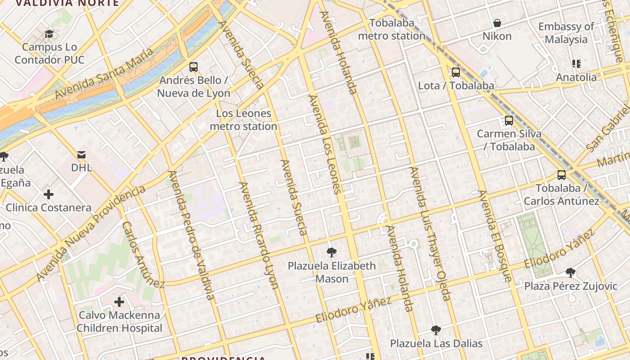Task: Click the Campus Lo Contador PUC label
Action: coord(49,54)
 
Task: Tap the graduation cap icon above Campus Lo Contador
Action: coord(49,34)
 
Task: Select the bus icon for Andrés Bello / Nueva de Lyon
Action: coord(193,67)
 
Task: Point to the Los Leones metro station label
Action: coord(243,120)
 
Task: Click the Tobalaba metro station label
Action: coord(391,29)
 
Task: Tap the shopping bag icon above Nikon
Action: coord(497,23)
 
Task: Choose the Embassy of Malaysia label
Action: coord(566,33)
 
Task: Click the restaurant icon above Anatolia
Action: coord(576,64)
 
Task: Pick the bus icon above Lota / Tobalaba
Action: coord(456,72)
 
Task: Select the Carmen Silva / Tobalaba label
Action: coord(509,140)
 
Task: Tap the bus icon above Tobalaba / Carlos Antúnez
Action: coord(562,175)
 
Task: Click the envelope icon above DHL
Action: coord(81,155)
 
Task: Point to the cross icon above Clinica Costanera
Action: coord(49,194)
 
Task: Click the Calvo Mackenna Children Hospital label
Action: coord(119,322)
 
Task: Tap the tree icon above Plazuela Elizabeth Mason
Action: coord(332,252)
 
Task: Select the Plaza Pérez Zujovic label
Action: coord(571,286)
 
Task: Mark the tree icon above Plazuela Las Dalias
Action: coord(436,330)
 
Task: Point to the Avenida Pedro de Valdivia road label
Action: coord(191,235)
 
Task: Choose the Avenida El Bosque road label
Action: coord(495,236)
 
